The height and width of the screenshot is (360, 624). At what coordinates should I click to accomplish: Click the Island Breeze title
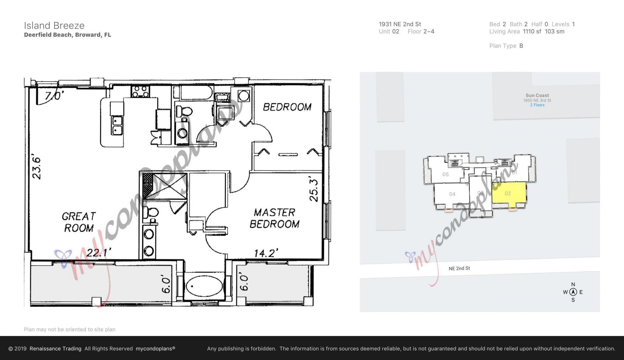coord(54,25)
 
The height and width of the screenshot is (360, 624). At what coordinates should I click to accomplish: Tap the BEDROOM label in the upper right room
coord(287,107)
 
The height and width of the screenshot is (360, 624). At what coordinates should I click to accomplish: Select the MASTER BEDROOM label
coord(275,218)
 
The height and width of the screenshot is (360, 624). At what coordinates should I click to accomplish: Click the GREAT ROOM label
coord(79,222)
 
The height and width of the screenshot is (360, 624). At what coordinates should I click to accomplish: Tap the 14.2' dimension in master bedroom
coord(266,253)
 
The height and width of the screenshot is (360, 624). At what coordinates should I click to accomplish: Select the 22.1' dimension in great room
coord(99,252)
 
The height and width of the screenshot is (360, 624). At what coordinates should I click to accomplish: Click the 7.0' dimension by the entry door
coord(54,96)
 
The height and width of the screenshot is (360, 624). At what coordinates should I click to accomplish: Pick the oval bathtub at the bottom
coord(204,286)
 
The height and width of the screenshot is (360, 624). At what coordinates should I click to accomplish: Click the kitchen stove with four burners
coord(140,91)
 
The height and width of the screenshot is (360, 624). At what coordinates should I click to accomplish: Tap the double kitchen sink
coord(117,125)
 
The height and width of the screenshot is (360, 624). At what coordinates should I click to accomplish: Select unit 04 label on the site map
coord(452,194)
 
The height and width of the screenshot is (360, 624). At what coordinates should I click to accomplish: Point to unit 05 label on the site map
coord(445,174)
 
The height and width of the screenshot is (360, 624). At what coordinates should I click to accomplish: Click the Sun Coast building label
coord(537,96)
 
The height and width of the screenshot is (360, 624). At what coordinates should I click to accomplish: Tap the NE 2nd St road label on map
coord(459,268)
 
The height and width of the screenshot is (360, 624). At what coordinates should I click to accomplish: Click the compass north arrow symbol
coord(573,292)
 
